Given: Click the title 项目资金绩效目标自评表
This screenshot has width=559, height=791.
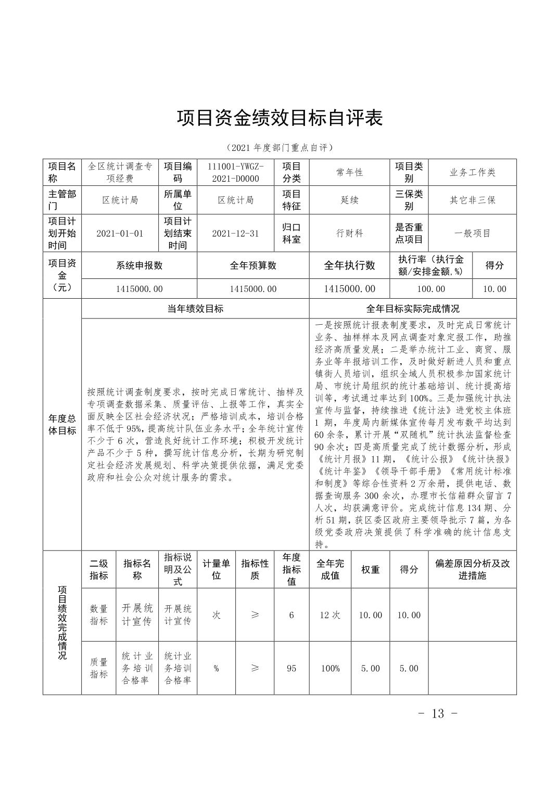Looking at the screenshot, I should tap(279, 118).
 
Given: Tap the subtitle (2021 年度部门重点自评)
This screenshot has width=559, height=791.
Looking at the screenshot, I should tap(279, 148).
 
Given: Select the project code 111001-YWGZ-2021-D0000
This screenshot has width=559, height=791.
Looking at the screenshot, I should tap(236, 172).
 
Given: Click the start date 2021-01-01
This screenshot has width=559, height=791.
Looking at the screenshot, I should tap(120, 233).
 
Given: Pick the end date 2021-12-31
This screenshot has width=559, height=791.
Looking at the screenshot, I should tap(235, 233).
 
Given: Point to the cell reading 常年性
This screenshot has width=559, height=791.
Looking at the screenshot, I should tap(349, 172).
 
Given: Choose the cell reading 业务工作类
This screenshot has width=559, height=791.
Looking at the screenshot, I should tap(473, 172).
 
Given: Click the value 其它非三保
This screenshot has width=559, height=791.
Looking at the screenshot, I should tap(473, 200).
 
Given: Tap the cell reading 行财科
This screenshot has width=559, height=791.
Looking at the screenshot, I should tap(349, 233).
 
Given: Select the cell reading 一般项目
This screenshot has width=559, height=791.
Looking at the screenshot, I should tap(473, 233).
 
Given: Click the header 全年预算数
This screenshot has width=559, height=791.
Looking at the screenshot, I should tap(253, 265).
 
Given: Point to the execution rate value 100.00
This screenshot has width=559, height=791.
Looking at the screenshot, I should tap(431, 289).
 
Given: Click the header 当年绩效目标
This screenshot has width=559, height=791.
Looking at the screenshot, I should tap(195, 309).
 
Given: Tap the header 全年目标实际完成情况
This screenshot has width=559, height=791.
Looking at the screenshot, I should tap(413, 309).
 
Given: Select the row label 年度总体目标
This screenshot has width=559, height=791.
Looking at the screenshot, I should tap(62, 425).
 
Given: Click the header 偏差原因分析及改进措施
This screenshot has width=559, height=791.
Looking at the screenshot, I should tap(472, 569).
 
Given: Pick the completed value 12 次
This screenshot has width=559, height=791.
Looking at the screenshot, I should tap(330, 615).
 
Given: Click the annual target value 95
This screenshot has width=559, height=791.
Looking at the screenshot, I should tap(291, 668).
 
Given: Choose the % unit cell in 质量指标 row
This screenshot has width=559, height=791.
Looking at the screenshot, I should tap(216, 668).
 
